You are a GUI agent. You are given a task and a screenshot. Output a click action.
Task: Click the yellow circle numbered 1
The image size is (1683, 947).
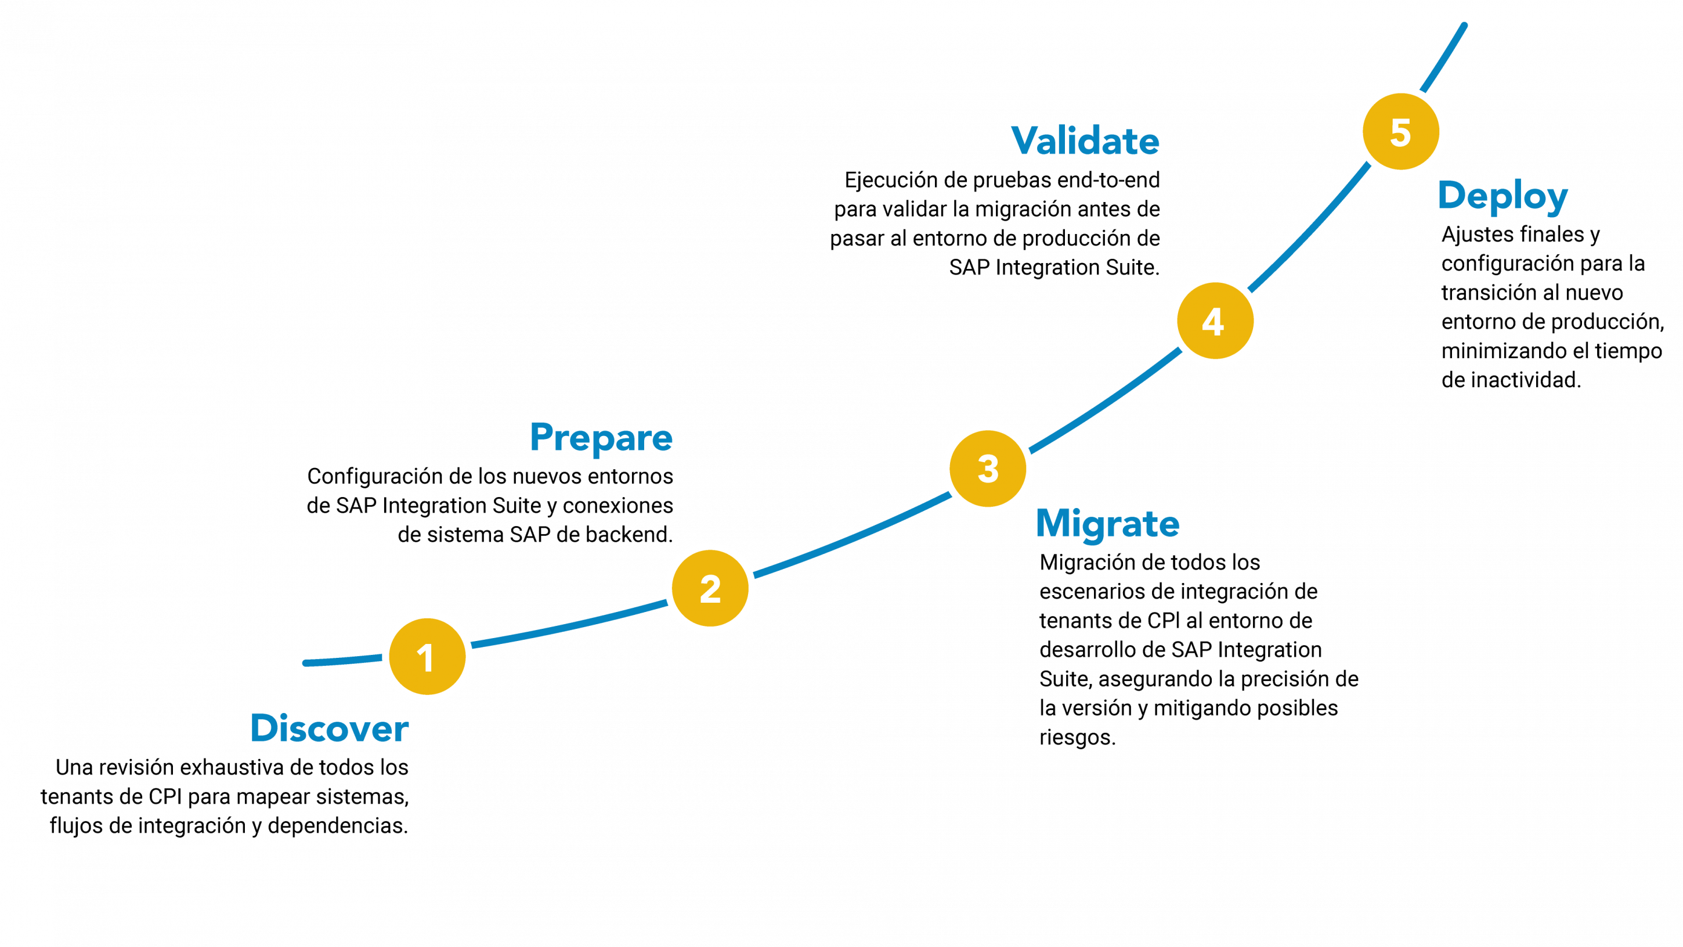click(427, 656)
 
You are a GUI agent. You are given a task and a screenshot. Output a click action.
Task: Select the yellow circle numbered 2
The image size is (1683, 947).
click(710, 588)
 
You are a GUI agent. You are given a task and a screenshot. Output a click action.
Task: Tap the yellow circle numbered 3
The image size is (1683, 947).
click(988, 469)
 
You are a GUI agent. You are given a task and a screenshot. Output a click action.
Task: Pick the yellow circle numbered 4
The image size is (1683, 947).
click(1215, 321)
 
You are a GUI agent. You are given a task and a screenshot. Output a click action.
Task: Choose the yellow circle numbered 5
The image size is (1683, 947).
click(1401, 131)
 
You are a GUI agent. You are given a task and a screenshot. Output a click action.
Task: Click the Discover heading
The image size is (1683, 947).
click(329, 728)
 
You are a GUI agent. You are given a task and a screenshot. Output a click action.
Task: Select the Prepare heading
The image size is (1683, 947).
click(601, 438)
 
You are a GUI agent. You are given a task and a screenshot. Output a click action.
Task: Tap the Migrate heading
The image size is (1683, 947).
click(1108, 524)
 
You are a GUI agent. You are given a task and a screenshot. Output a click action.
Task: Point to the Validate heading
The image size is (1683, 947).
click(1085, 141)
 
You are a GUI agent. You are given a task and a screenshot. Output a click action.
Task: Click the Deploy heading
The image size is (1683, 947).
click(1503, 196)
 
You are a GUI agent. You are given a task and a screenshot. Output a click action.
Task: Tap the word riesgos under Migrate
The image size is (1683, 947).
click(1077, 738)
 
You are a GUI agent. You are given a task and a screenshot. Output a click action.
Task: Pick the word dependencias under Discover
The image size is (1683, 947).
click(338, 826)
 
